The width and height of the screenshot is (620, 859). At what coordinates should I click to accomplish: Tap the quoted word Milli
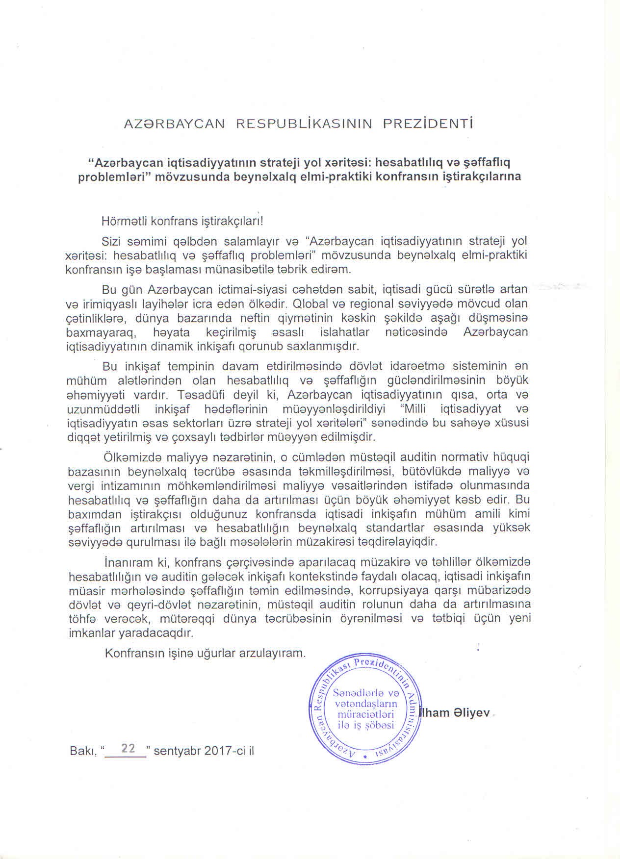pyautogui.click(x=416, y=408)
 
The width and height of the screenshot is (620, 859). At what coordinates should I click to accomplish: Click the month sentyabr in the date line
pyautogui.click(x=178, y=751)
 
